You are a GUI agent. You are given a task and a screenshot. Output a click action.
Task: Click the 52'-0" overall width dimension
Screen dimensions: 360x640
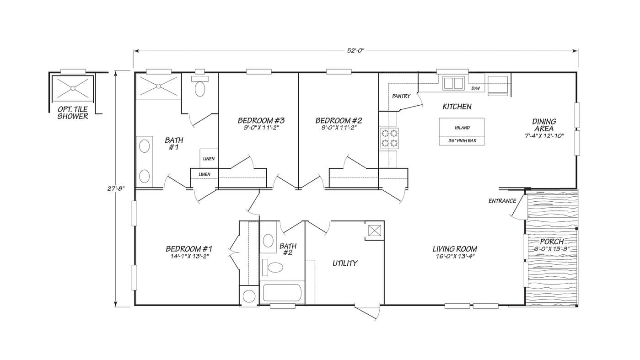tap(355, 51)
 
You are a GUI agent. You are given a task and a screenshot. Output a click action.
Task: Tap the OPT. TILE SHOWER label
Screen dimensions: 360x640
tap(72, 113)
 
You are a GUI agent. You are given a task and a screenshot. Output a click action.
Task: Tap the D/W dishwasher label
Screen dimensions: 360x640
tap(475, 88)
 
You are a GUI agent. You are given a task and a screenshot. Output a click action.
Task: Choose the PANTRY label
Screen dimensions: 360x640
tap(401, 97)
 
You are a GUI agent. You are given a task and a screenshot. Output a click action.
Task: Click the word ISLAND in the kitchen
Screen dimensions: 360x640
tap(462, 128)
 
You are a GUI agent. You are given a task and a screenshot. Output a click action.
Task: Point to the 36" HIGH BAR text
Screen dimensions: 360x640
tap(462, 141)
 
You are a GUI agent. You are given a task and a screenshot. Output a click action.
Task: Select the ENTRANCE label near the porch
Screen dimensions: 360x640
tap(502, 201)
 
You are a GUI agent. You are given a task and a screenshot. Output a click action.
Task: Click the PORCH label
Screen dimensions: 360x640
tap(552, 242)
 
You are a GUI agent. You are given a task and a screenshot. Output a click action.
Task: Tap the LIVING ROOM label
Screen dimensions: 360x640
tap(455, 249)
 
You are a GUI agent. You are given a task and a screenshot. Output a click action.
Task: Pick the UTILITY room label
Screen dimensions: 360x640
tap(344, 263)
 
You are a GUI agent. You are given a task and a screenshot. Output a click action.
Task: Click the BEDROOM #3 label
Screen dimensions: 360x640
tap(261, 121)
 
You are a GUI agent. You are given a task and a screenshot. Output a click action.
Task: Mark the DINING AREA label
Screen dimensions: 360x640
tap(544, 125)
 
